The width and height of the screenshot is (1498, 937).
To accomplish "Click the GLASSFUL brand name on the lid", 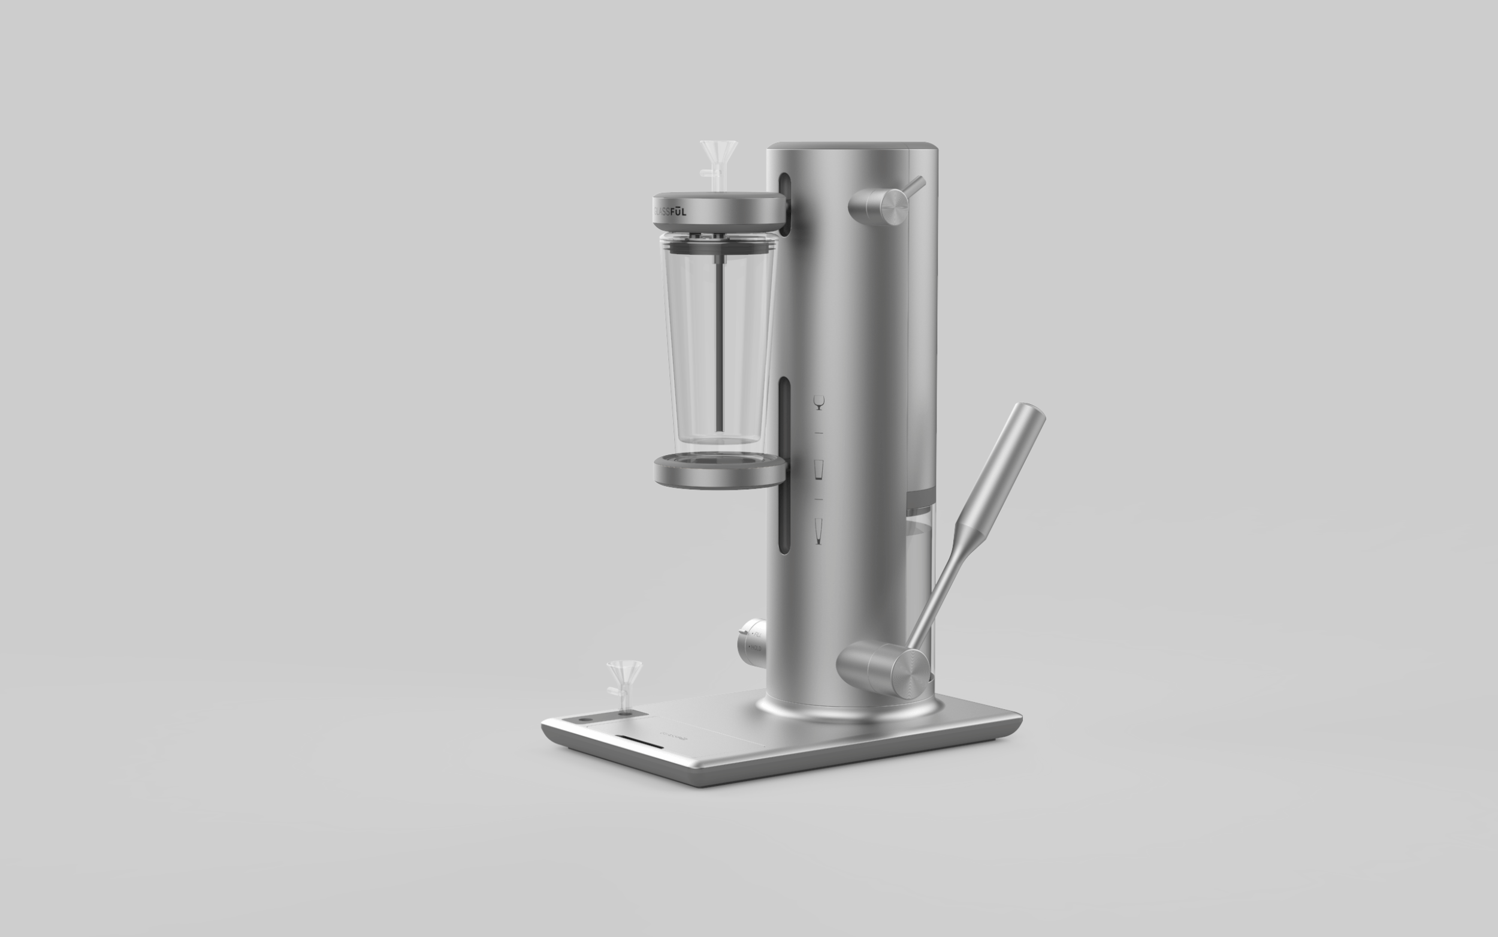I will (670, 212).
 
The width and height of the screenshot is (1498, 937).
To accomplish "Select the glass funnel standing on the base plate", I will (624, 679).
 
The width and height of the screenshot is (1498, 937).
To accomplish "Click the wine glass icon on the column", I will (819, 402).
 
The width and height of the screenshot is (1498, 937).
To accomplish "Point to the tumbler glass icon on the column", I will (819, 469).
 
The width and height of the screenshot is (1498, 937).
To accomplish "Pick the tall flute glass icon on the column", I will (819, 531).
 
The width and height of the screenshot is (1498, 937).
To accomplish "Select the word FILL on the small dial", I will (757, 634).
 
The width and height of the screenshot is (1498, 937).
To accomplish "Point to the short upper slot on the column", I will (784, 204).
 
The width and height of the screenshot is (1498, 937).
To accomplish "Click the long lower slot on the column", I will (784, 465).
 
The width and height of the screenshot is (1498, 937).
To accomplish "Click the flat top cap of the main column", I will (851, 146).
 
